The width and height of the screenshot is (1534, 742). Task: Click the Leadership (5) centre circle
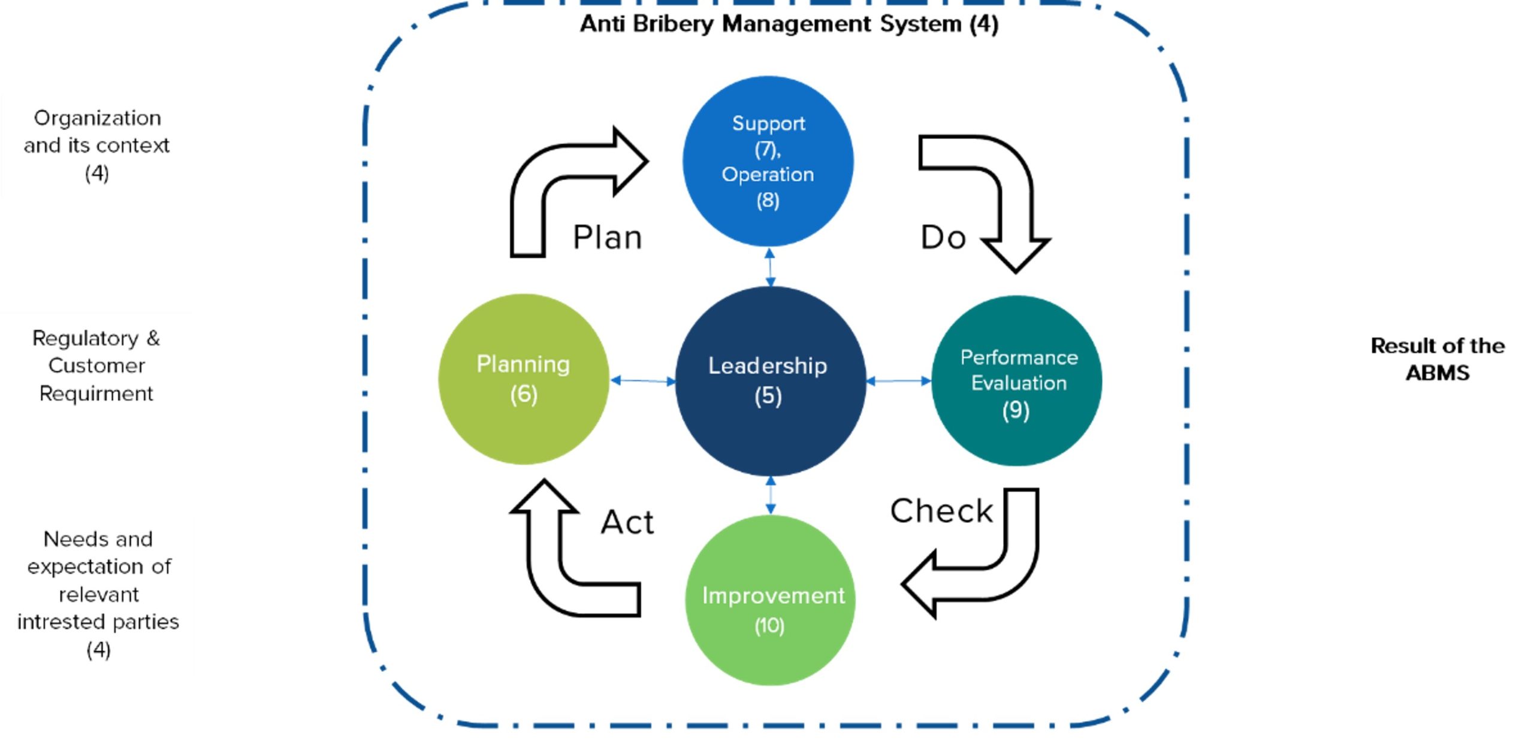[770, 381]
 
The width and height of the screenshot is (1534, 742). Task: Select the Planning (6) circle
[523, 379]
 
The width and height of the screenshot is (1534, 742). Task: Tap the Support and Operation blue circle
[768, 161]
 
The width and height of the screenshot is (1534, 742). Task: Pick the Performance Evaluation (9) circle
[1017, 381]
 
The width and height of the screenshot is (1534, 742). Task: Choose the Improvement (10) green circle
[770, 600]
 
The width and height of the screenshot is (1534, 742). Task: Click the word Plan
[607, 237]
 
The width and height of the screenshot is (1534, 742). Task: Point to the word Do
[943, 237]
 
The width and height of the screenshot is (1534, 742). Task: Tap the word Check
[941, 511]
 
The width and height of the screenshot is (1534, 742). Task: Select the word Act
[627, 522]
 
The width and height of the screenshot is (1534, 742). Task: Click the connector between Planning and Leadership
[642, 381]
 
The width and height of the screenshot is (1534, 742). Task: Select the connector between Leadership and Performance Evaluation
[899, 381]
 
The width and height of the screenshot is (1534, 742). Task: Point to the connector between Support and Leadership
[770, 267]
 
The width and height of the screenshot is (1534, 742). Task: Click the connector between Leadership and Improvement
[771, 495]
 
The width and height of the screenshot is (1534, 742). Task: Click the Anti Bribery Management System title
[789, 25]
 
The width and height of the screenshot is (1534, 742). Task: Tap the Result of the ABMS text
[1437, 359]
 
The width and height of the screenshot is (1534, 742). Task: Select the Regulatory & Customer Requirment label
[96, 365]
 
